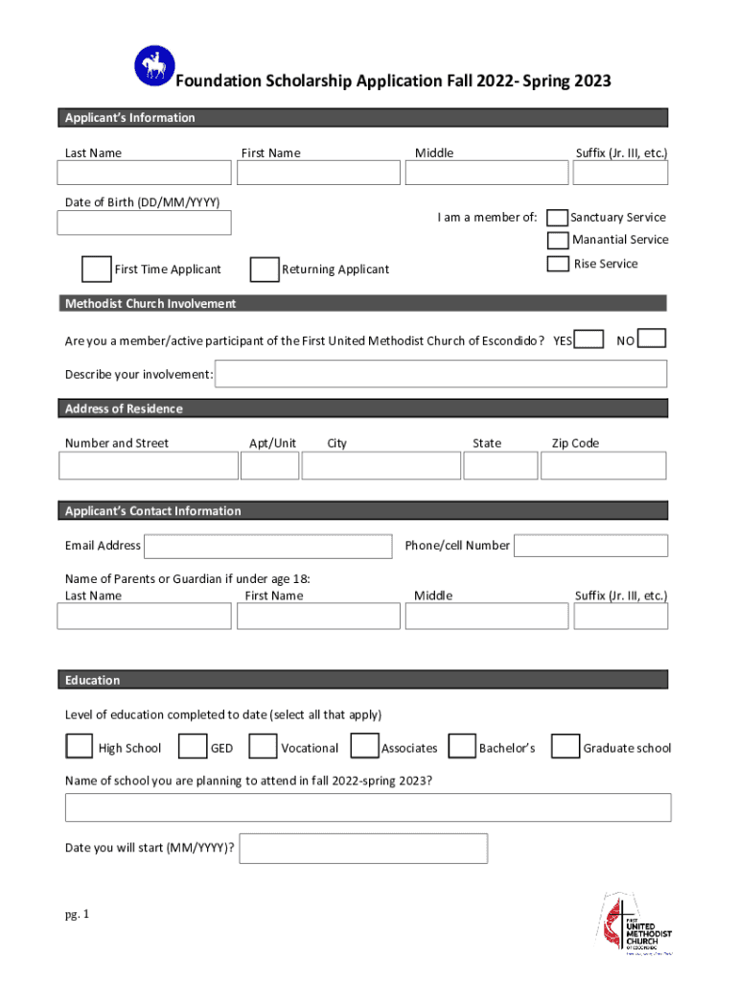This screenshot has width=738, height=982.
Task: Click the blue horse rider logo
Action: click(153, 66)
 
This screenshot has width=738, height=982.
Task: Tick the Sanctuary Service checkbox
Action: click(557, 218)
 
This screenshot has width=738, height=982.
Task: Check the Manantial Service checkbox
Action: click(557, 240)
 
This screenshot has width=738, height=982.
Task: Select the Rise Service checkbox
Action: click(557, 264)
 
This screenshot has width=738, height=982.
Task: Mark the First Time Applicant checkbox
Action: click(96, 269)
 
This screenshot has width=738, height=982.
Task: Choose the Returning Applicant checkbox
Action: click(264, 269)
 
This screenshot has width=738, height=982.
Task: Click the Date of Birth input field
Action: click(144, 222)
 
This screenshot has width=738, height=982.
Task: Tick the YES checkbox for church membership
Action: click(588, 339)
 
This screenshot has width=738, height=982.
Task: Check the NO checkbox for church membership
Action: click(652, 339)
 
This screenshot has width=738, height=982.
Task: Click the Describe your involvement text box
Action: click(441, 374)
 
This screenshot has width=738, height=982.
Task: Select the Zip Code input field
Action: click(603, 466)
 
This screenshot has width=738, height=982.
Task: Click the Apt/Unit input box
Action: click(269, 466)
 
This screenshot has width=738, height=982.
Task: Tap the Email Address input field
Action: click(267, 546)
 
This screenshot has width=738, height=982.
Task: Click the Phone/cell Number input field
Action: click(590, 546)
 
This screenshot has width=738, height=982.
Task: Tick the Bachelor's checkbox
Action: click(462, 746)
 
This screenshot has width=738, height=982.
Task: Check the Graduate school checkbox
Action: click(565, 746)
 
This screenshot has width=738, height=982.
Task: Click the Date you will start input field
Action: click(363, 849)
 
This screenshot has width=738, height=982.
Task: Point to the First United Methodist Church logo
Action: click(635, 924)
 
